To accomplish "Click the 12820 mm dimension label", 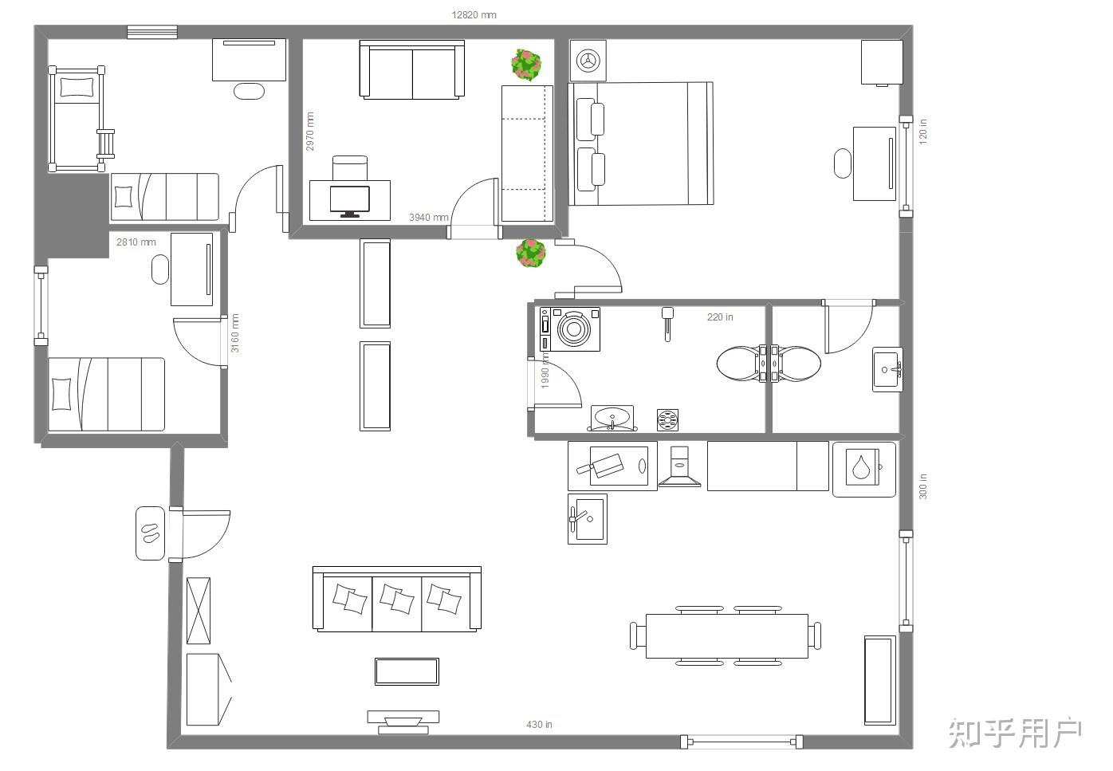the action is (474, 15).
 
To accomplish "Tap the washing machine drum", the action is (574, 328).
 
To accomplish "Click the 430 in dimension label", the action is (539, 725).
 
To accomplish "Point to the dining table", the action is (726, 636).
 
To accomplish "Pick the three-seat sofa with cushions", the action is (396, 599).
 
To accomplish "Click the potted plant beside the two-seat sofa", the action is (526, 65).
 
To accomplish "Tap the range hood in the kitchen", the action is (680, 466).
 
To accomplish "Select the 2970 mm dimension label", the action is (309, 132).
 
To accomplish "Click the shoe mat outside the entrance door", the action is (150, 533).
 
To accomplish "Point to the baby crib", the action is (80, 119).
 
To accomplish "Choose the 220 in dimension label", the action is (720, 317).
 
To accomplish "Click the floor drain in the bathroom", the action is (667, 419).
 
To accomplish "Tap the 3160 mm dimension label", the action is (235, 333).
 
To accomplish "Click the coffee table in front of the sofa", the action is (407, 671).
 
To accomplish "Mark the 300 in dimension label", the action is (922, 486).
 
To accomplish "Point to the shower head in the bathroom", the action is (667, 324).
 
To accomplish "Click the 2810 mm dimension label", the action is (136, 242).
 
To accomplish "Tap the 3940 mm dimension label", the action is (428, 217).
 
